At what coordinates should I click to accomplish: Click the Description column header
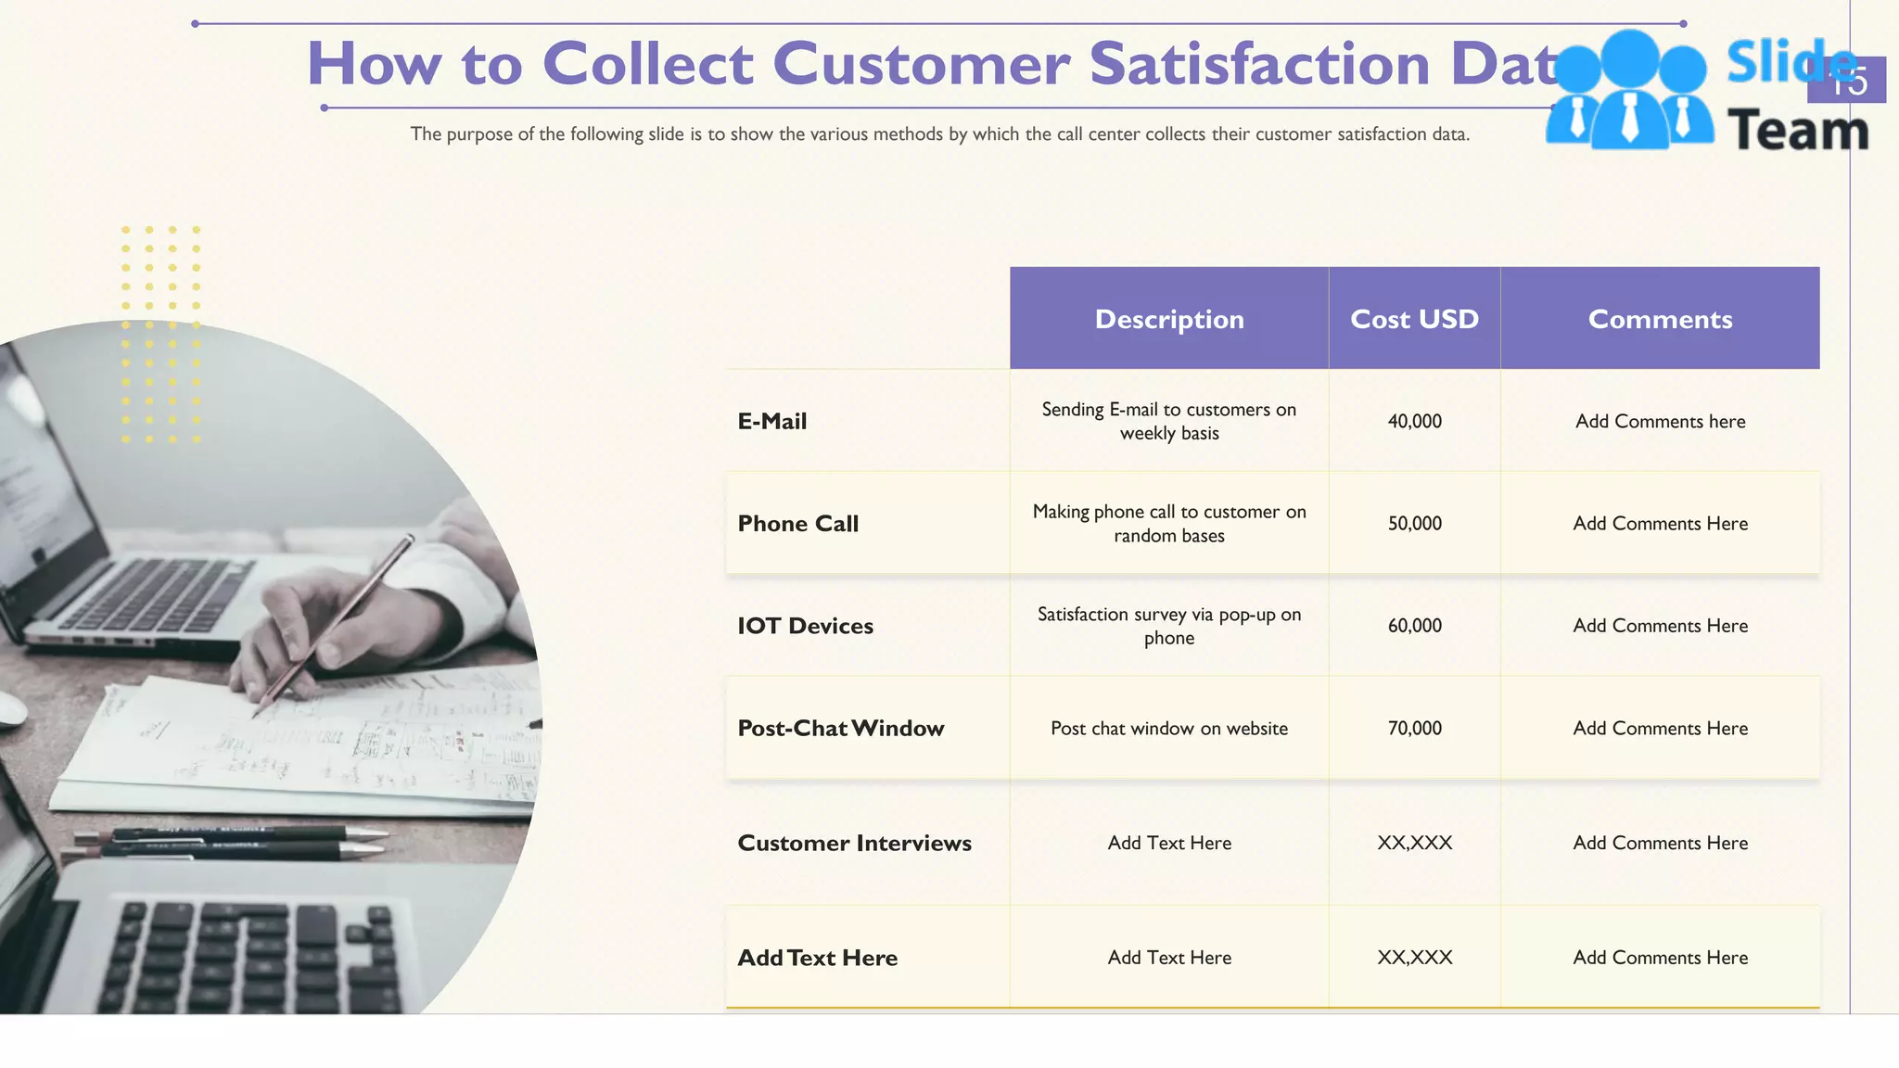tap(1168, 319)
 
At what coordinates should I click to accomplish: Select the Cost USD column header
tap(1414, 319)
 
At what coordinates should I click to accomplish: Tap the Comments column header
tap(1660, 319)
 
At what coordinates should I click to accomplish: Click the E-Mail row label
tap(772, 422)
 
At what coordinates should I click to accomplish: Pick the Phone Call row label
tap(798, 524)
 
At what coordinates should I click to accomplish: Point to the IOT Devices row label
tap(805, 626)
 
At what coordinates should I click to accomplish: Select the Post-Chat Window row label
tap(840, 729)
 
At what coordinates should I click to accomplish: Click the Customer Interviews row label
tap(854, 844)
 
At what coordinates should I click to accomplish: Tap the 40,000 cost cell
tap(1414, 422)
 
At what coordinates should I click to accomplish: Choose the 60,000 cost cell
tap(1414, 626)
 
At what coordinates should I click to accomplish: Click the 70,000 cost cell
tap(1414, 729)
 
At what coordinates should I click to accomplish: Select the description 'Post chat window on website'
tap(1168, 729)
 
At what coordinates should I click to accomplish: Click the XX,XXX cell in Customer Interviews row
tap(1414, 844)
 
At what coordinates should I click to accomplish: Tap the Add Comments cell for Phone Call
tap(1660, 524)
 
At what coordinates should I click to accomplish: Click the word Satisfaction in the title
tap(1259, 65)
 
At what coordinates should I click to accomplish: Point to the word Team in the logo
tap(1797, 130)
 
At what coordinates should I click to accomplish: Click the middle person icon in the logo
tap(1630, 93)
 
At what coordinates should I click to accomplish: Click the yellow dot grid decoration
tap(160, 334)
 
